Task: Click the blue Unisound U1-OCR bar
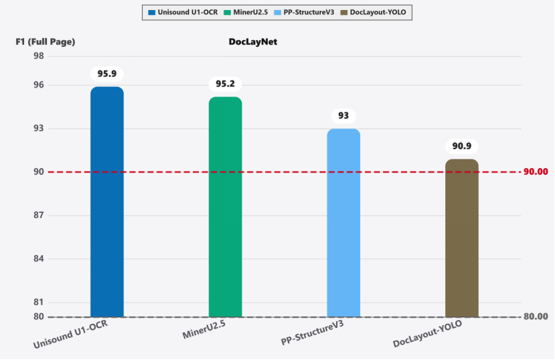107,201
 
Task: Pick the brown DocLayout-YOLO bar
462,238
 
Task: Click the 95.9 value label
107,74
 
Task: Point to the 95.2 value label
225,84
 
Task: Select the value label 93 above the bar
343,116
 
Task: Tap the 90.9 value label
462,146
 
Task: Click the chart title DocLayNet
252,41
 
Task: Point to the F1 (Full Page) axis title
46,41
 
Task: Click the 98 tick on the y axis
38,56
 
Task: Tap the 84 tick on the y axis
38,259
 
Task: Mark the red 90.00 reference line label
536,172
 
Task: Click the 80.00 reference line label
536,317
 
